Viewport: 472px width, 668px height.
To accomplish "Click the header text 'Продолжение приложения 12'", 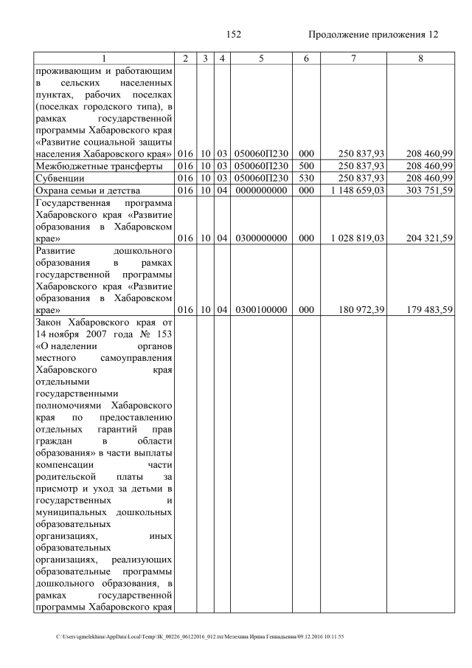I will click(372, 35).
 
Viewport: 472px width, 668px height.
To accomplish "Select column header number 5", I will click(260, 58).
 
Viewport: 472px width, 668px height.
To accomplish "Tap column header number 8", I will click(420, 58).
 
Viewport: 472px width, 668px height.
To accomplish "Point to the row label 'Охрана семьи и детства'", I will click(85, 190).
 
